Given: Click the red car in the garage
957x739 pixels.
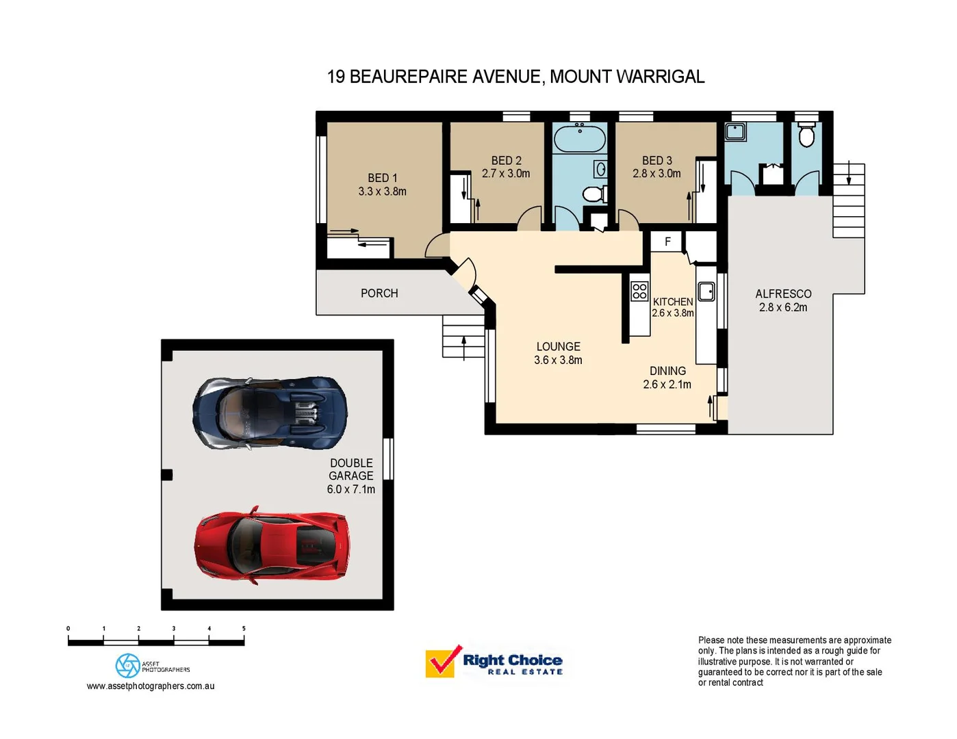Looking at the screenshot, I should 272,545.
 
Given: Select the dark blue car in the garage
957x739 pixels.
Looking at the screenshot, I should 270,413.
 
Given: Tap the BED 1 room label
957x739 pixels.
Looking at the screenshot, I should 382,178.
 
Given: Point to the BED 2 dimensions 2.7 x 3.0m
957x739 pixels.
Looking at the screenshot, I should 506,174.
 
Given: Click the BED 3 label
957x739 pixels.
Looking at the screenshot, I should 656,160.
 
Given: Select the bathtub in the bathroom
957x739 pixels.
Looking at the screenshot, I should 580,140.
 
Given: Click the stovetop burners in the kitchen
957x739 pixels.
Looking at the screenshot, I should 639,291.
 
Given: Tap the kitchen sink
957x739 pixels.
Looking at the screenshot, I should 706,291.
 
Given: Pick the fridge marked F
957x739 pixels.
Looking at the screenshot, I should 667,242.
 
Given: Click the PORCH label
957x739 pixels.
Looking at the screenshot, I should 379,293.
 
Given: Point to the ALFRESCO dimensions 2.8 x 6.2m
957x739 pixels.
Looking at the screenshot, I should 782,308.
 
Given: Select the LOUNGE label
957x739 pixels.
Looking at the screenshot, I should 558,347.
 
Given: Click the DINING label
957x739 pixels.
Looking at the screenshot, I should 667,371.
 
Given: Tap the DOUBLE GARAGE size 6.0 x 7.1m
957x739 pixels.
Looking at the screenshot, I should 350,489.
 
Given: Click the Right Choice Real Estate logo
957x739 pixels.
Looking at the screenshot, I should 494,662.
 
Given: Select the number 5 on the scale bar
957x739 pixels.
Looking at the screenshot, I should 244,628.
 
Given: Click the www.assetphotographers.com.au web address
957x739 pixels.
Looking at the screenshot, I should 151,686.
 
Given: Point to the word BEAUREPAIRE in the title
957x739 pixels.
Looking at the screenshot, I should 409,77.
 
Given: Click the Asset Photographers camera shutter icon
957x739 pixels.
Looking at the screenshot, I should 127,665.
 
